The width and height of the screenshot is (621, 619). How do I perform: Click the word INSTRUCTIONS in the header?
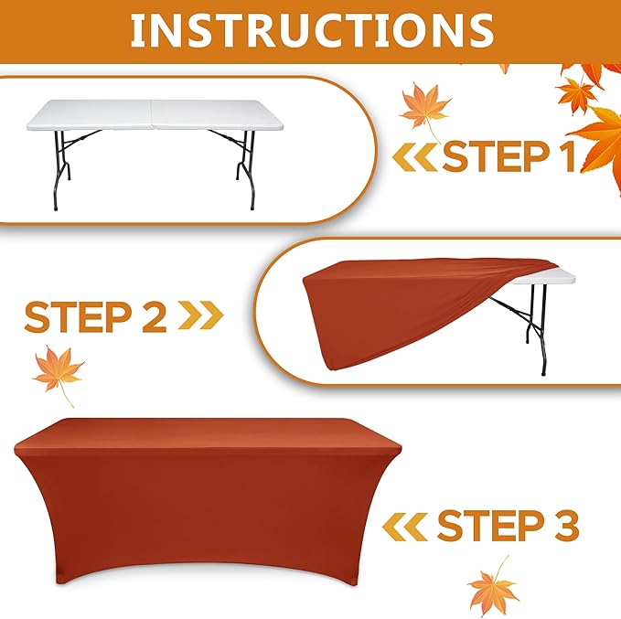pos(312,30)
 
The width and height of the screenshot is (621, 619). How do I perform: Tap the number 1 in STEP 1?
pos(568,156)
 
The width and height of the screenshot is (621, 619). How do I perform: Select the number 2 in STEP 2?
pos(154,316)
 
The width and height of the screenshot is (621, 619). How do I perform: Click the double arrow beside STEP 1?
pos(415,157)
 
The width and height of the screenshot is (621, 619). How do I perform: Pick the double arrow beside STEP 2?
pos(201,315)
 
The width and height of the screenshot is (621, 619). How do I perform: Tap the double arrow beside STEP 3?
pos(405,527)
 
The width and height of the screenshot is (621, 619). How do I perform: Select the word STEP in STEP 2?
pos(78,316)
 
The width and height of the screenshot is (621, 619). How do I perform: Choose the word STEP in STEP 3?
pos(491,525)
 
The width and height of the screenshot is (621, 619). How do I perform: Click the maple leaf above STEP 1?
pos(424,110)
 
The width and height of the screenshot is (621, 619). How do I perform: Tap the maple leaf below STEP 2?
pos(58,374)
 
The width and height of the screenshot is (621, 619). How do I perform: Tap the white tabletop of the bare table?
pos(155,115)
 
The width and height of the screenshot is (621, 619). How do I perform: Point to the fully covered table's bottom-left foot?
pos(61,581)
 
